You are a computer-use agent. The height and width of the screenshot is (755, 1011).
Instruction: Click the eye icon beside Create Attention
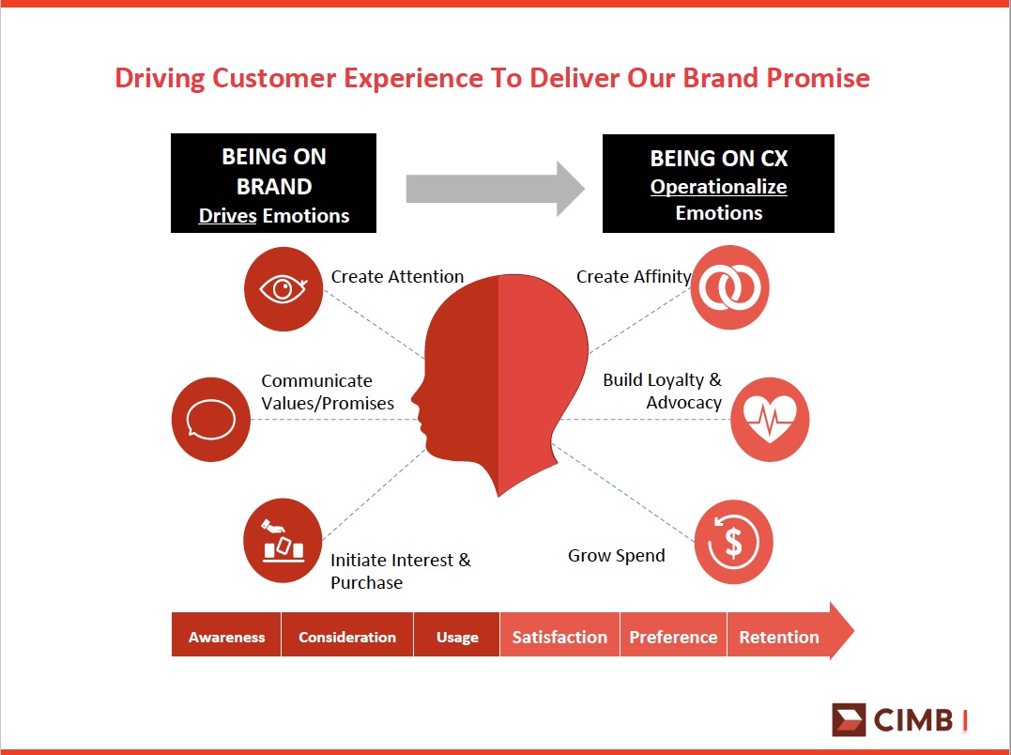coord(283,289)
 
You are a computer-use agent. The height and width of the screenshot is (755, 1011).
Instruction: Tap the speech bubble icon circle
coord(211,420)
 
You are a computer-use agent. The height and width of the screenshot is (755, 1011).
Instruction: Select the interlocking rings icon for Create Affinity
coord(730,287)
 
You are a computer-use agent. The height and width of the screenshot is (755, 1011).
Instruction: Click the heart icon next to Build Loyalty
coord(770,420)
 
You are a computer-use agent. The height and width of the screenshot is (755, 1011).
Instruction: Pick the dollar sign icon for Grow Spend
coord(734,542)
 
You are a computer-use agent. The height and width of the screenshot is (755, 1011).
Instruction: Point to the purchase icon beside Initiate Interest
coord(283,541)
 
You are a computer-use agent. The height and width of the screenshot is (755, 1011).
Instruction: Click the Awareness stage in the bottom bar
coord(226,637)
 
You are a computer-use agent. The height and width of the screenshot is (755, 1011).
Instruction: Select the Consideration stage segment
coord(347,637)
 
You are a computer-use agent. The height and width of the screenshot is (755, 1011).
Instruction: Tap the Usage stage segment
coord(457,637)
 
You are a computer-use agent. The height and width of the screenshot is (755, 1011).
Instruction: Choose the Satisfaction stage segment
coord(559,637)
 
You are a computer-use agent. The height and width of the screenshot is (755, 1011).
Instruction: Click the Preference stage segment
coord(673,637)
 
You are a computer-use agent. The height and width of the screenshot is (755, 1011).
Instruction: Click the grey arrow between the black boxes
coord(496,189)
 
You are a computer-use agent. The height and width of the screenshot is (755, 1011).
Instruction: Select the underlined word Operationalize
coord(718,187)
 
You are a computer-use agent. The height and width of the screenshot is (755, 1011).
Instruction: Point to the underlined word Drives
coord(227,215)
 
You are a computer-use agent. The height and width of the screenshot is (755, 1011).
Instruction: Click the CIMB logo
coord(899,719)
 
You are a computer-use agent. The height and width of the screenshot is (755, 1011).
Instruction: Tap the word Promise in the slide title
coord(819,78)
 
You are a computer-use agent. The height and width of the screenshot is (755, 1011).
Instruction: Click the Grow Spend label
coord(617,556)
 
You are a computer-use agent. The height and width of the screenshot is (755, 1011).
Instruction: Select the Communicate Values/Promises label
coord(328,392)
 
